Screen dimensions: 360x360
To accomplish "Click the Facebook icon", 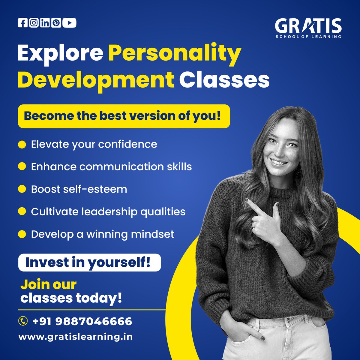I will coord(22,23).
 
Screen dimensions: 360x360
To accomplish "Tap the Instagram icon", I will coord(34,23).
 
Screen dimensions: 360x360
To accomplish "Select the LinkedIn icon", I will coord(45,23).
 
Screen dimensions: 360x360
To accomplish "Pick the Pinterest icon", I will coord(56,23).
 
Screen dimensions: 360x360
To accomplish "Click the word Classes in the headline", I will coord(224,80).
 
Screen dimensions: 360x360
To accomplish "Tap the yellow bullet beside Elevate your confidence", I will coord(22,144).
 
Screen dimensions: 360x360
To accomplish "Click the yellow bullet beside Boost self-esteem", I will coord(22,189).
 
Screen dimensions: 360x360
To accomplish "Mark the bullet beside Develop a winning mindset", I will coord(22,234).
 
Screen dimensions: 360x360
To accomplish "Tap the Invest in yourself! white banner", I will coord(89,262).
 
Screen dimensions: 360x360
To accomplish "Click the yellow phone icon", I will coord(23,321).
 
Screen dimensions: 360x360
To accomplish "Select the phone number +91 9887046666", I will coord(82,321).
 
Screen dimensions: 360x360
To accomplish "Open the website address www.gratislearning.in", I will coord(76,337).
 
